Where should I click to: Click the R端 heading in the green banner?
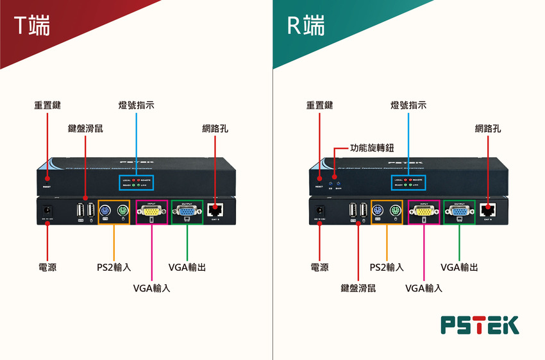pyautogui.click(x=305, y=25)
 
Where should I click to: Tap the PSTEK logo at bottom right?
pyautogui.click(x=480, y=325)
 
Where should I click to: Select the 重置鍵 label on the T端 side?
pyautogui.click(x=47, y=105)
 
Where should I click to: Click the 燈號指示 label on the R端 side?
pyautogui.click(x=408, y=105)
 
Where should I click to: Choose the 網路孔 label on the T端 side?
pyautogui.click(x=215, y=128)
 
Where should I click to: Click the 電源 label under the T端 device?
pyautogui.click(x=47, y=267)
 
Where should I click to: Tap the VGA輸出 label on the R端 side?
pyautogui.click(x=459, y=267)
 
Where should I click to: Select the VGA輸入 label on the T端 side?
pyautogui.click(x=151, y=288)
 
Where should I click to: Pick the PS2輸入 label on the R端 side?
pyautogui.click(x=387, y=267)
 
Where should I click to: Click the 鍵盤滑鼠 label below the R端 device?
pyautogui.click(x=358, y=288)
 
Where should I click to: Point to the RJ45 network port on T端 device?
pyautogui.click(x=215, y=209)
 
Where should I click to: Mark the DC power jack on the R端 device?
pyautogui.click(x=319, y=209)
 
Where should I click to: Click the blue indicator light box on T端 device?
pyautogui.click(x=137, y=182)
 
